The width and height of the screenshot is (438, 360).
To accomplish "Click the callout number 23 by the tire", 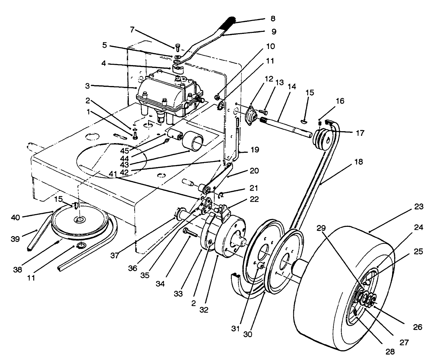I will click(419, 207).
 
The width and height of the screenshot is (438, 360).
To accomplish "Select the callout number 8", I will click(273, 19).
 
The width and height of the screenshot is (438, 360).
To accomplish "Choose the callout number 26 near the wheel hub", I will click(417, 327).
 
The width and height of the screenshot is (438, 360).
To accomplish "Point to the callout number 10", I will click(270, 46).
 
